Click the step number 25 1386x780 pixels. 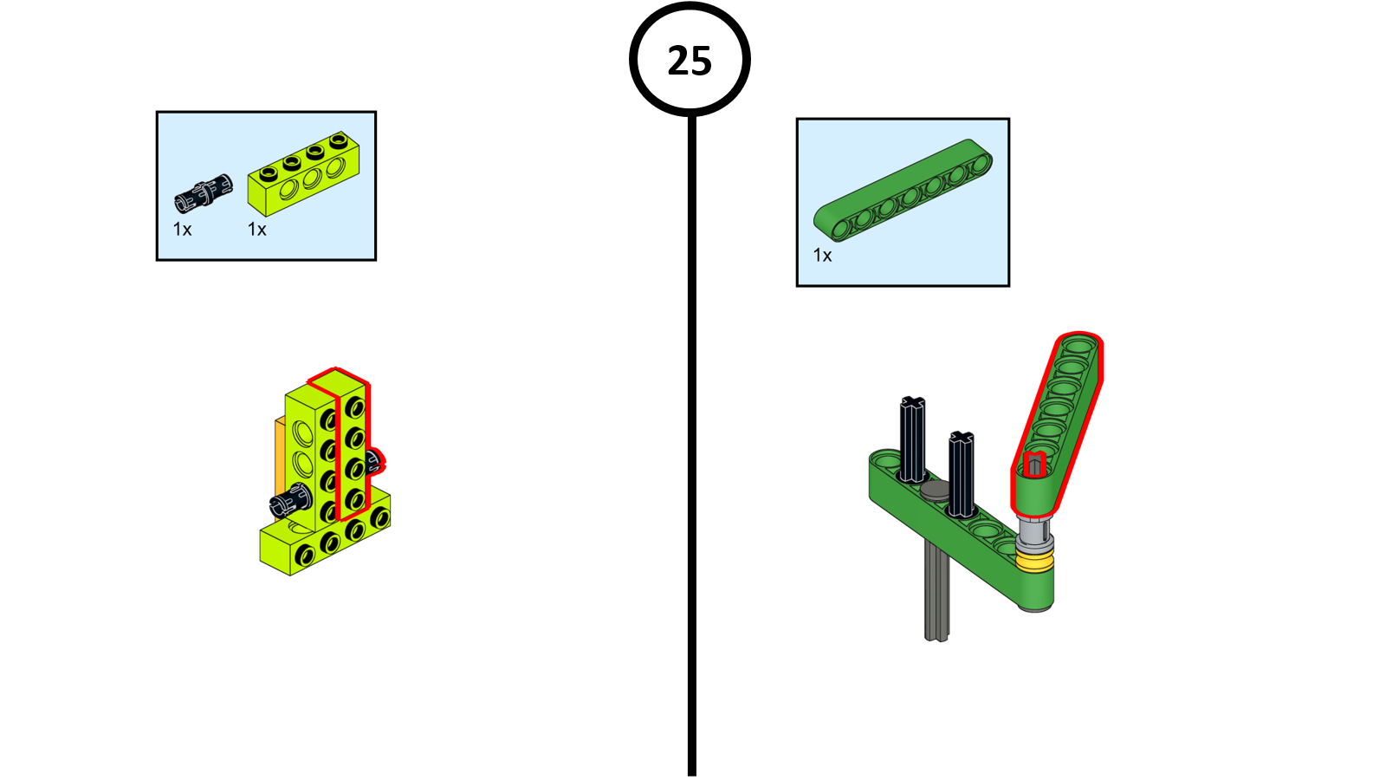coord(690,61)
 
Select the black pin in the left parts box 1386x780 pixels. coord(204,193)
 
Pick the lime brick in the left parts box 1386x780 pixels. coord(303,174)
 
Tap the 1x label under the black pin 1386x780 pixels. coord(183,230)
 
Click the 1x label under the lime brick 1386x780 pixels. coord(256,230)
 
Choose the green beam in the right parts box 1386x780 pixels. coord(903,190)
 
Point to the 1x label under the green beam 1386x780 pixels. coord(822,255)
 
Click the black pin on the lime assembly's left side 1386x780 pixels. coord(290,499)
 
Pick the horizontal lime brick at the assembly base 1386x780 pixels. coord(325,536)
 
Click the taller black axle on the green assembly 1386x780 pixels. coord(912,439)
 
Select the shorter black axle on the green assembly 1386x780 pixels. coord(961,473)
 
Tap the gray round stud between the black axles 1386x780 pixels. coord(935,491)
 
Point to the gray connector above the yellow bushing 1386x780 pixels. coord(1033,534)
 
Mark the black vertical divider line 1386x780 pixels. coord(692,445)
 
